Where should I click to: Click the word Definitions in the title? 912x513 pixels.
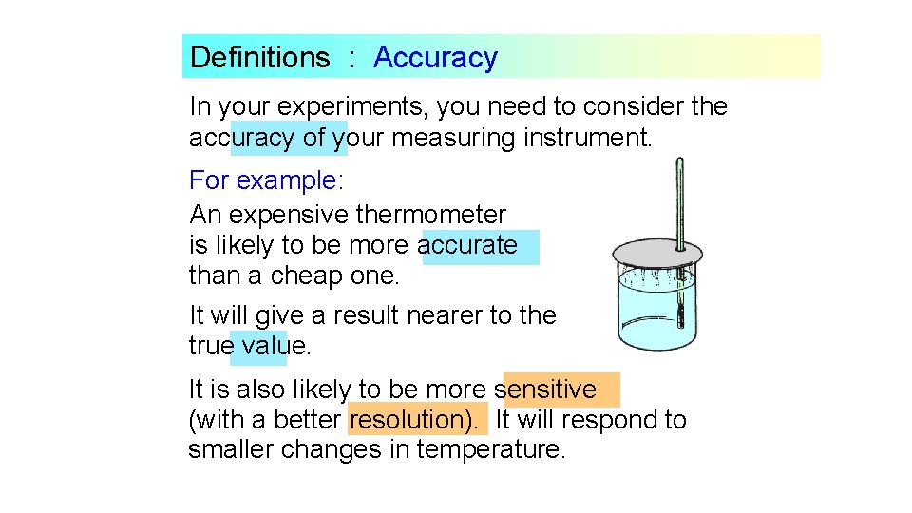tap(259, 57)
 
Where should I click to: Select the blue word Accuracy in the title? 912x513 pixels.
tap(435, 57)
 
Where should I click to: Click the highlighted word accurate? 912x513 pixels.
tap(467, 245)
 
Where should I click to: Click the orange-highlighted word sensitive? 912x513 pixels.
tap(546, 389)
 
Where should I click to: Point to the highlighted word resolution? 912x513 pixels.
tap(418, 419)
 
